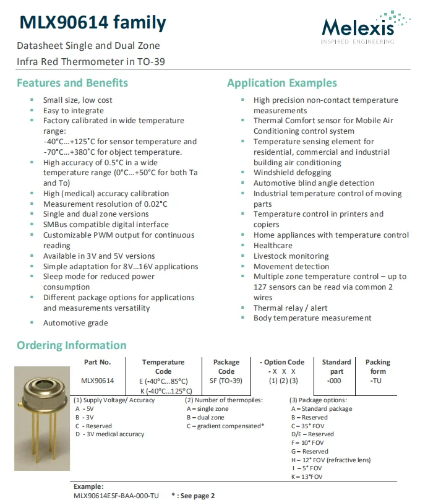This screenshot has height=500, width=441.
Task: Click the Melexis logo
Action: [x=366, y=27]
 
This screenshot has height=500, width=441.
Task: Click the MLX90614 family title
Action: [x=93, y=24]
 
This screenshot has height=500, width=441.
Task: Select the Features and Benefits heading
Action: [x=72, y=83]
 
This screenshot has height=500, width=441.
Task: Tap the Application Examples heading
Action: [x=282, y=83]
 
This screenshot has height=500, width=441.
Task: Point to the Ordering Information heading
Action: [x=71, y=345]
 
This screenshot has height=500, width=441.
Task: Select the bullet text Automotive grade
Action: [x=75, y=323]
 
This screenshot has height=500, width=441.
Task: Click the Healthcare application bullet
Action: [x=273, y=246]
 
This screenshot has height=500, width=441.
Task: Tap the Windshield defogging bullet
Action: [x=293, y=173]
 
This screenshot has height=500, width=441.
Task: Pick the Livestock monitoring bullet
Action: [x=290, y=256]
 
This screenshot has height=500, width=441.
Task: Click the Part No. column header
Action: [x=98, y=362]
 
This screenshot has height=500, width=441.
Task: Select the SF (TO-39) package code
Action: [x=226, y=381]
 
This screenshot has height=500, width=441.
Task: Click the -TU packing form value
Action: [x=375, y=381]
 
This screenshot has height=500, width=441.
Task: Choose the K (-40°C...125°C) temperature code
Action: [x=163, y=390]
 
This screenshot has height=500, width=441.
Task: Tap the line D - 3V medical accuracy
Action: [x=109, y=434]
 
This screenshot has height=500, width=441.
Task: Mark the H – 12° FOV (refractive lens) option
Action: [x=330, y=460]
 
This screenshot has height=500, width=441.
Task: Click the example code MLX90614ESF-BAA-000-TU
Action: [x=116, y=496]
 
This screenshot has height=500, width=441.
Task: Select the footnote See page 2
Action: [x=196, y=496]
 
